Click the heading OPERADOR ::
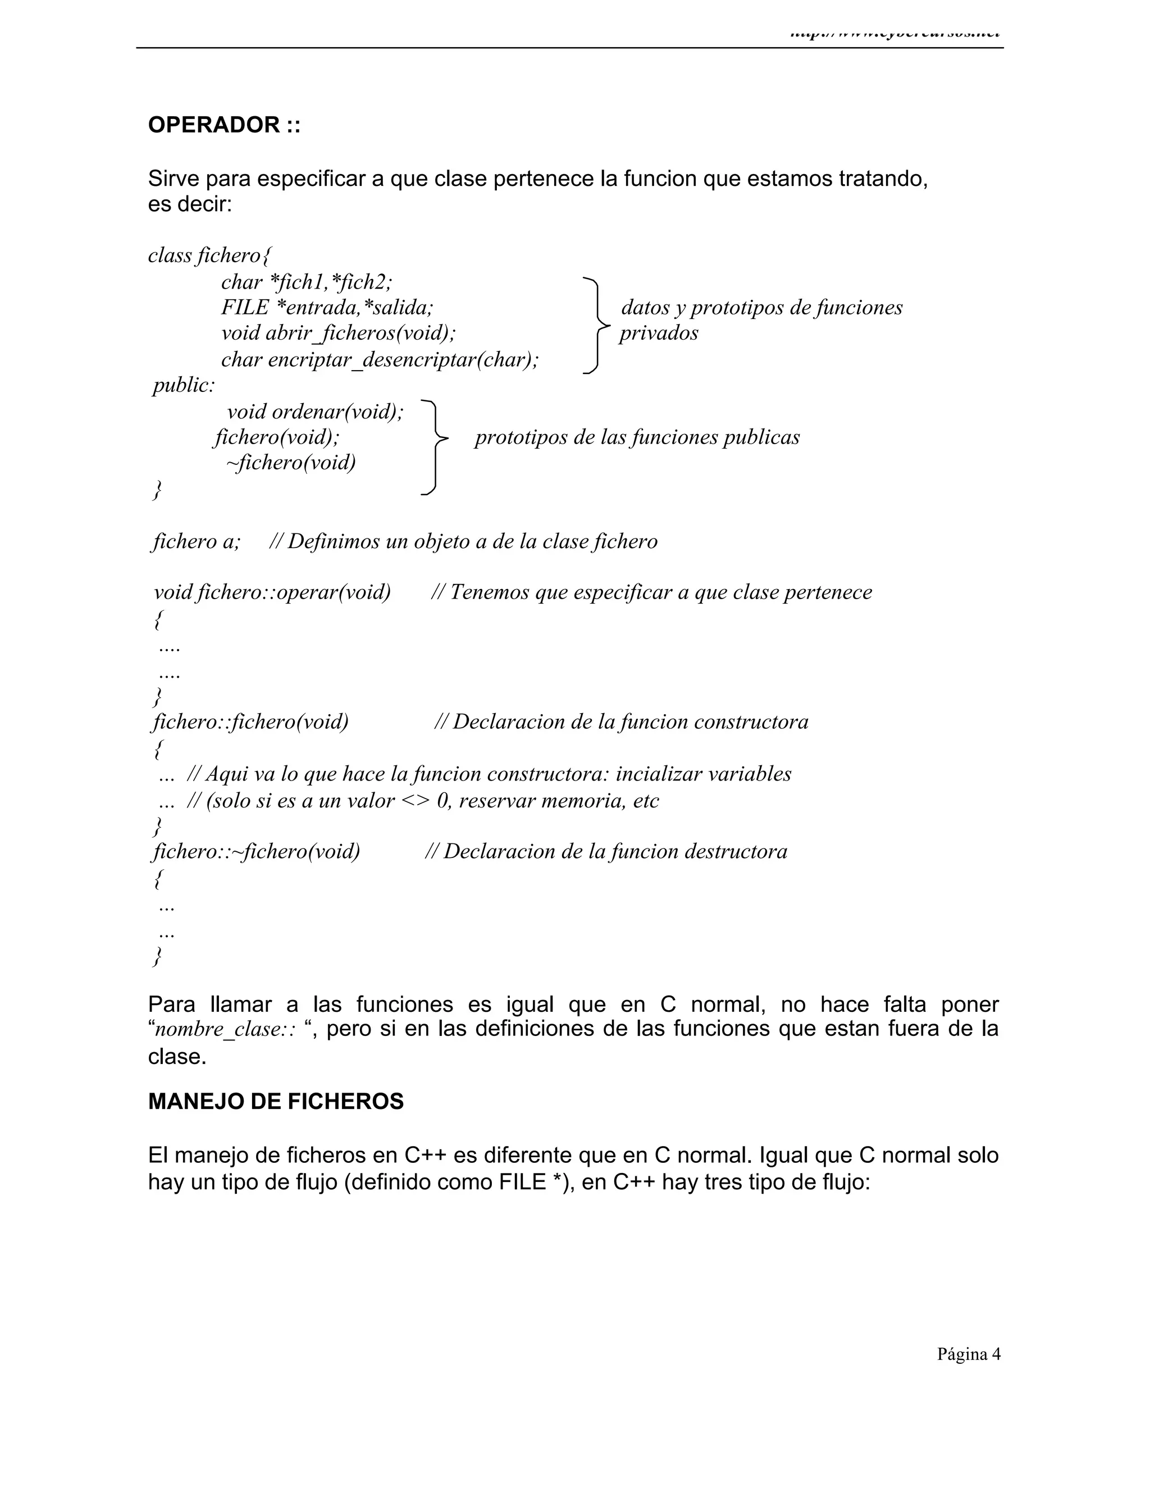[224, 125]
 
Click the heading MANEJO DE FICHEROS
[276, 1102]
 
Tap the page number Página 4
[969, 1354]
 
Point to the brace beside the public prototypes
[434, 447]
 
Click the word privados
[659, 333]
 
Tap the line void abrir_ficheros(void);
[339, 333]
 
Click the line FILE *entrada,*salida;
[327, 307]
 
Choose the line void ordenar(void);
[315, 412]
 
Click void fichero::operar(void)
[272, 592]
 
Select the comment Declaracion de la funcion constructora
[622, 722]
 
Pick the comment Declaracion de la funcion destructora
[606, 852]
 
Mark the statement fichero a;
[196, 542]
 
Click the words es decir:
[190, 204]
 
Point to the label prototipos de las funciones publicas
[637, 437]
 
